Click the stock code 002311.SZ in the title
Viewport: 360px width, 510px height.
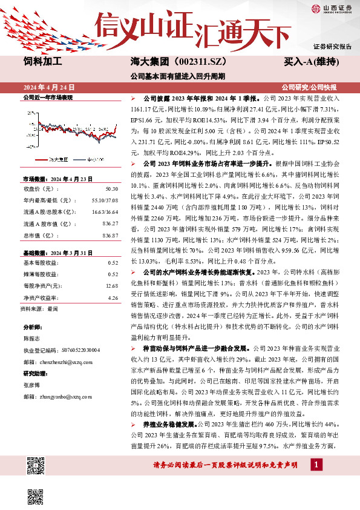tap(194, 62)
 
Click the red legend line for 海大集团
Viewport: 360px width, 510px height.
tap(40, 159)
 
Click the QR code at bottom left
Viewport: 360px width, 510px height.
tap(36, 466)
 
